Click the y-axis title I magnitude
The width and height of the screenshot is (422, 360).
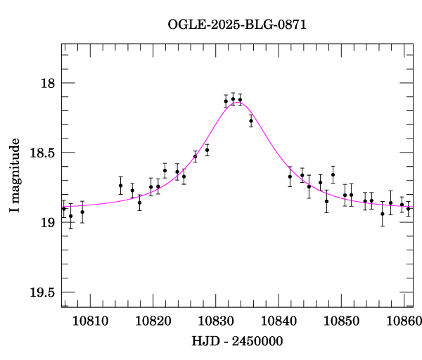click(14, 176)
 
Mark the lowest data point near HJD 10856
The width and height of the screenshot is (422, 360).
click(383, 214)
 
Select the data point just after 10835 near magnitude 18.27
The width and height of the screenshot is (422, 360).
click(251, 121)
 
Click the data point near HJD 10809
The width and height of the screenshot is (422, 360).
click(82, 212)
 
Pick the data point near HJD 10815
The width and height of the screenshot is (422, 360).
click(121, 186)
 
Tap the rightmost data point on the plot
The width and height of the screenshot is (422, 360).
click(408, 208)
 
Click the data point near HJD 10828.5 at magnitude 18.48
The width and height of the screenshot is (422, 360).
click(207, 150)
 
